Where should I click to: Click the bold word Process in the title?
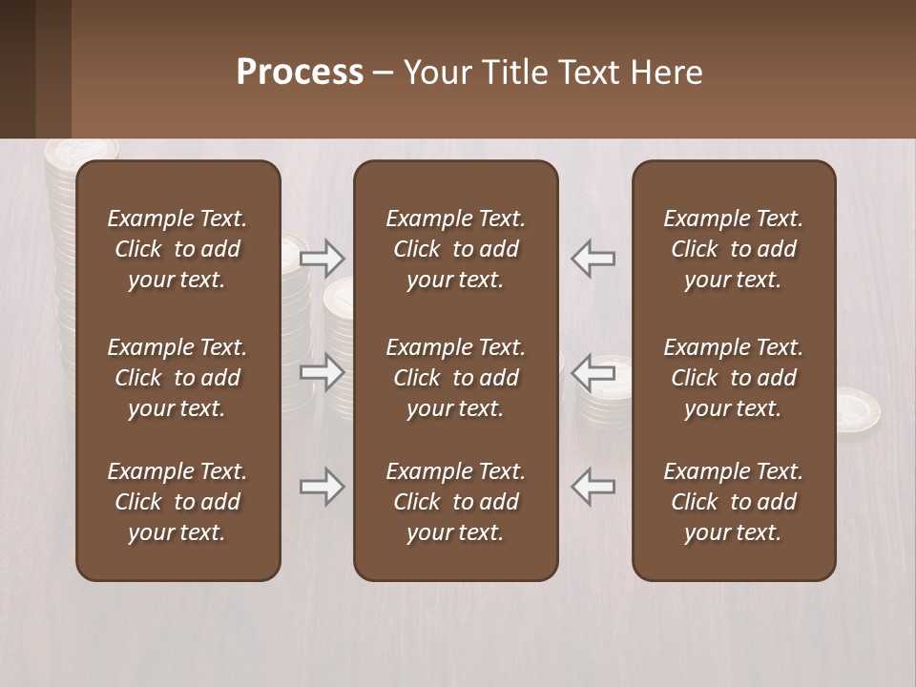(x=300, y=73)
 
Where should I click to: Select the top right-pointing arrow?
(x=322, y=258)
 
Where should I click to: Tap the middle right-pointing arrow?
(x=322, y=372)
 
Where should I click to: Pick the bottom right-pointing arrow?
(x=322, y=487)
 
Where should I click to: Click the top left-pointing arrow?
(x=593, y=258)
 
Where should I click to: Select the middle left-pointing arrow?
(x=593, y=372)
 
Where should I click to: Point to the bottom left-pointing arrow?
(x=593, y=487)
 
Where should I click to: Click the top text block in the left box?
(x=177, y=249)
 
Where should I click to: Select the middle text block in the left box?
(x=177, y=378)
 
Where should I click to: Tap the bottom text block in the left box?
(x=177, y=502)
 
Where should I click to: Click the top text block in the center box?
(x=455, y=249)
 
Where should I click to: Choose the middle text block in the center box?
(x=455, y=378)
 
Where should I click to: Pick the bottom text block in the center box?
(x=455, y=502)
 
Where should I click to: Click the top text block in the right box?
(x=733, y=249)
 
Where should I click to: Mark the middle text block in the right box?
(x=733, y=378)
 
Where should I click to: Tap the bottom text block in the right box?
(x=733, y=502)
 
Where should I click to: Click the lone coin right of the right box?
(x=858, y=407)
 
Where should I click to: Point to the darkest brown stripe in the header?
(x=17, y=69)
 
